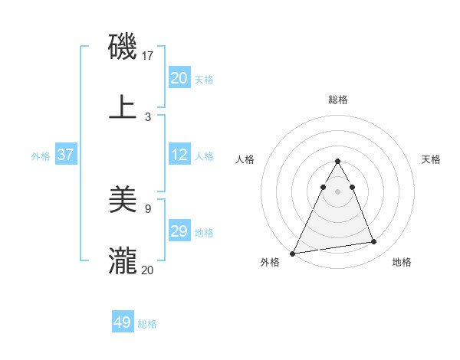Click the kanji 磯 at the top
point(123,47)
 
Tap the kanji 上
point(123,107)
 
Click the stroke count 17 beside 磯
point(149,56)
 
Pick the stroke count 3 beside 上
point(148,116)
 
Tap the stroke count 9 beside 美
point(148,208)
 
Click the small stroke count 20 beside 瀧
point(148,270)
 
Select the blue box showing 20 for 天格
point(179,78)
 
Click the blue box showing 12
point(179,155)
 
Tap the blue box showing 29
point(179,231)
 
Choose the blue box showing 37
point(65,155)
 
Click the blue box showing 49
point(123,322)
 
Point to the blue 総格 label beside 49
point(147,324)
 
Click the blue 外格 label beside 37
point(41,156)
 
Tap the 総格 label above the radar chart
point(338,100)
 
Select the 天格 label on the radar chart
point(432,159)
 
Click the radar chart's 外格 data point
point(293,253)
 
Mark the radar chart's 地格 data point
point(374,242)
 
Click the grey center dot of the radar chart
point(337,191)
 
